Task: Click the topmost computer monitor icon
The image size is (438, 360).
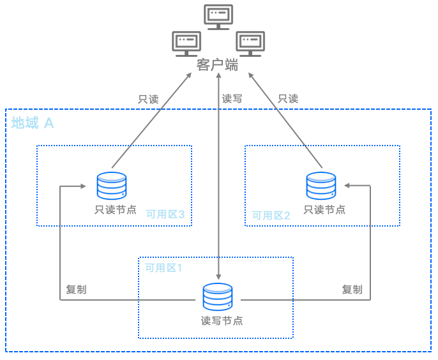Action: [218, 16]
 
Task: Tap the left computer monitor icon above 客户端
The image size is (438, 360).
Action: [186, 43]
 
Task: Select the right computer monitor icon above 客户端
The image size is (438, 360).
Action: [250, 43]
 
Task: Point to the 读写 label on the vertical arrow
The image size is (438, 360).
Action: [232, 99]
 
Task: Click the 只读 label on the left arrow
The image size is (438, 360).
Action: [148, 99]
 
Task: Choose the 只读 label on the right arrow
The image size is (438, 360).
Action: [288, 99]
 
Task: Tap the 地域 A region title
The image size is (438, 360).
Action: [33, 123]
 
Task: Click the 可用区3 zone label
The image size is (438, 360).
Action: [165, 214]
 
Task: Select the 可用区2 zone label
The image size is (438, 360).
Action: [271, 215]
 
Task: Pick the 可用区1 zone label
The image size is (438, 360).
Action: [163, 267]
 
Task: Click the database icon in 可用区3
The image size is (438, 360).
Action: [111, 186]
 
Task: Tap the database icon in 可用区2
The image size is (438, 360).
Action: [321, 186]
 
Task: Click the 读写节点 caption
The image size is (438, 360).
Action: [222, 320]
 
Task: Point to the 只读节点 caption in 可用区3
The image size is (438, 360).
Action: [116, 209]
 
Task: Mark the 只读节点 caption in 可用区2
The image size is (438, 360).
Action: [324, 209]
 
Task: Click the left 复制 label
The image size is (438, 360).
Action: [76, 289]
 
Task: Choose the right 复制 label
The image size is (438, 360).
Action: [352, 289]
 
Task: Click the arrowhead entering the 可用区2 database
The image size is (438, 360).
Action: [347, 186]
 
